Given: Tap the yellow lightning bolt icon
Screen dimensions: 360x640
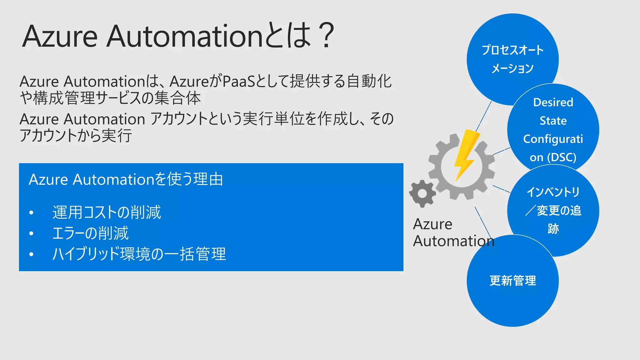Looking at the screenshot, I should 466,155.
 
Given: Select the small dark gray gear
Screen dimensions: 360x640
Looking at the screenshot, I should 422,194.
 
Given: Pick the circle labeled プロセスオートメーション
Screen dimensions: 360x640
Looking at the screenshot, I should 512,59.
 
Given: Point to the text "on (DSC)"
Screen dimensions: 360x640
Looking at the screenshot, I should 553,157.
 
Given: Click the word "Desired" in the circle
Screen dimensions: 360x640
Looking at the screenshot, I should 553,102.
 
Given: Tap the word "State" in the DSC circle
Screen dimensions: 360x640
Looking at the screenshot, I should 553,121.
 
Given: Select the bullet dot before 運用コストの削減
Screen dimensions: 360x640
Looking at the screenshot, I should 31,213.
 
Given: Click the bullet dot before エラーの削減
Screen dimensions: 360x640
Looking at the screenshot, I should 31,233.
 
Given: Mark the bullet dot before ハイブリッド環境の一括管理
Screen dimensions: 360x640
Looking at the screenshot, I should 31,254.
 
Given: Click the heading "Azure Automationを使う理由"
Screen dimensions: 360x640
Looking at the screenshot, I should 126,180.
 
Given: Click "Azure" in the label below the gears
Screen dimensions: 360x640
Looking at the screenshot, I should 432,224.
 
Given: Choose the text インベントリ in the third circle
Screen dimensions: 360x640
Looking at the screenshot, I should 553,192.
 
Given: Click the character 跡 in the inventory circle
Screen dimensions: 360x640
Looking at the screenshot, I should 553,229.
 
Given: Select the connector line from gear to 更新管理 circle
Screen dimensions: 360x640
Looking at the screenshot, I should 483,222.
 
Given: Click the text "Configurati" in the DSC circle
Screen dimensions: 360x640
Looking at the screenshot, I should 553,139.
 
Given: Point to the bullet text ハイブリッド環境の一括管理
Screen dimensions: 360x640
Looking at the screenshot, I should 139,254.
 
